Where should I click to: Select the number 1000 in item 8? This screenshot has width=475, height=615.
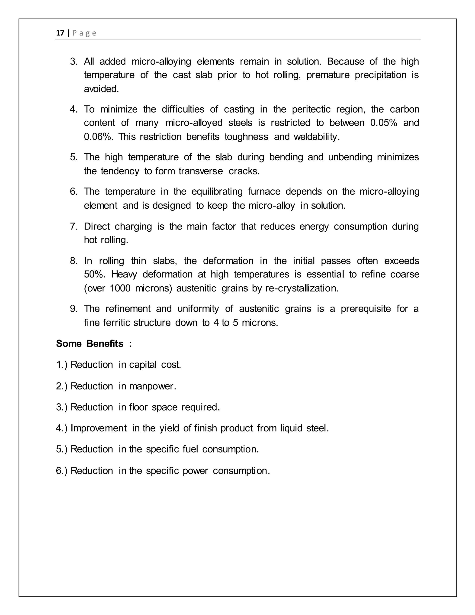(120, 288)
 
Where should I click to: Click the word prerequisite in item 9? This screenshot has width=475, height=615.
(366, 309)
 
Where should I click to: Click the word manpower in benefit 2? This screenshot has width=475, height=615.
(152, 386)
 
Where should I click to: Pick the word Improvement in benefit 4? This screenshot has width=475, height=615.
(99, 428)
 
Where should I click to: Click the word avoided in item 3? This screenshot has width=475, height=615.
(101, 89)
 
